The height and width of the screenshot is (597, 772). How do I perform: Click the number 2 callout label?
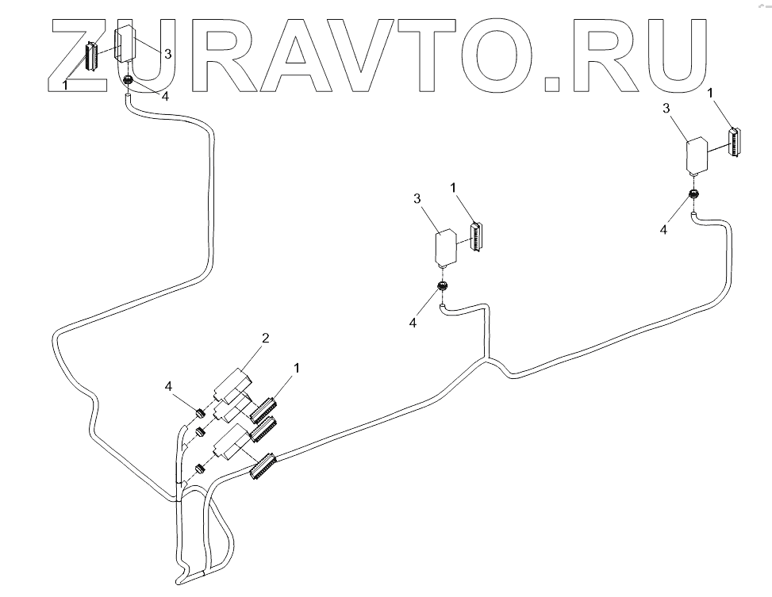[266, 339]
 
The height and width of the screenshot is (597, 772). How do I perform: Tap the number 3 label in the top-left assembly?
[167, 54]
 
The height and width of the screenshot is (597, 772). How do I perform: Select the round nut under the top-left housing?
[127, 80]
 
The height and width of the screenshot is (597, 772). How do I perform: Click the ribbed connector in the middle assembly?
[476, 236]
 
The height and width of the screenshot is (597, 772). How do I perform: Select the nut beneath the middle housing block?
[443, 286]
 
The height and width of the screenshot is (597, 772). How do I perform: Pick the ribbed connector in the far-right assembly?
[735, 143]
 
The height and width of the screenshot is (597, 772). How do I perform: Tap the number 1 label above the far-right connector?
[711, 94]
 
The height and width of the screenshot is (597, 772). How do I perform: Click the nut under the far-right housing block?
[693, 194]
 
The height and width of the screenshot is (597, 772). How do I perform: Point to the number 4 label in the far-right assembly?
[664, 229]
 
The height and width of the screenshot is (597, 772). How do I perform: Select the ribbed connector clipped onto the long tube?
[262, 466]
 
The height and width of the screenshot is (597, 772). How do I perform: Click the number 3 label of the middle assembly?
[417, 198]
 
